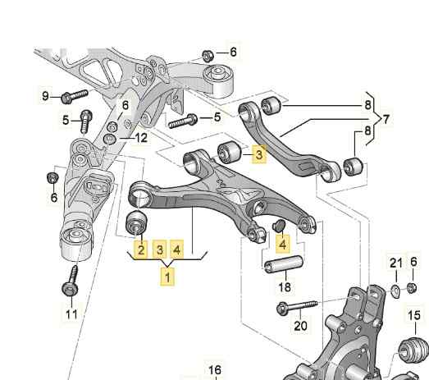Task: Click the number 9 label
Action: [x=45, y=96]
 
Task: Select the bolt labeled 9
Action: [x=75, y=96]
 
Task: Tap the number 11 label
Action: [x=71, y=314]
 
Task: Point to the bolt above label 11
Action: [x=71, y=282]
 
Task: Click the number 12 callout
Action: [x=141, y=138]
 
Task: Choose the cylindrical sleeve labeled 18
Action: [x=284, y=264]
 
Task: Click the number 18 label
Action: [x=285, y=287]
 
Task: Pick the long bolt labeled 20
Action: [x=297, y=308]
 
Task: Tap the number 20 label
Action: [x=300, y=326]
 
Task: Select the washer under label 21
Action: [x=395, y=291]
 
